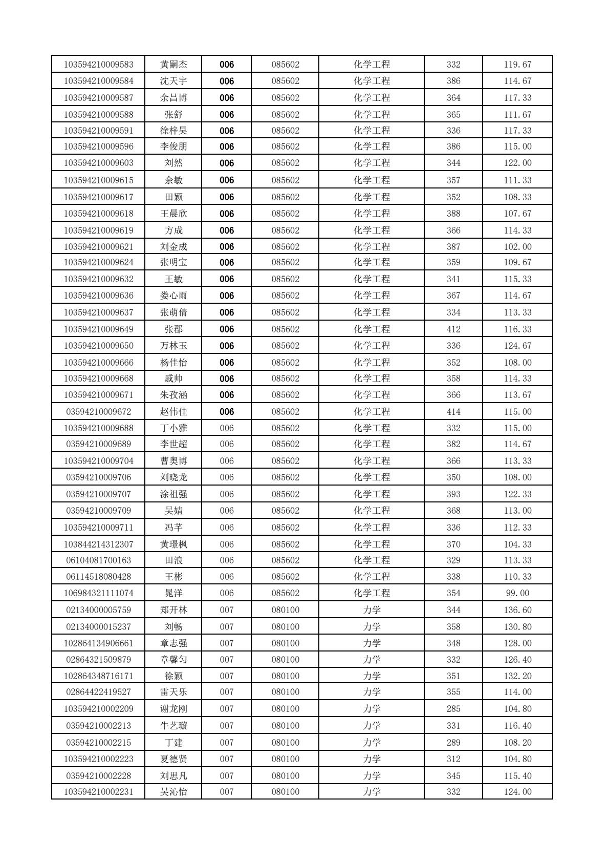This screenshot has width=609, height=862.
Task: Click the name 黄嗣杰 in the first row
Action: (x=173, y=65)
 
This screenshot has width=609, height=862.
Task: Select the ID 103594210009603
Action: (x=98, y=163)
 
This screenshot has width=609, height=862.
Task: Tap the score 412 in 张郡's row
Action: (x=453, y=329)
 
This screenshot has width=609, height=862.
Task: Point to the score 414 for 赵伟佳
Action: (x=453, y=412)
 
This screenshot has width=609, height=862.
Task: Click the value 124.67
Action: (x=517, y=346)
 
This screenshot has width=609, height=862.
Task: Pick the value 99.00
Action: (x=517, y=593)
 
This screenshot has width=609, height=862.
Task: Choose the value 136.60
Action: (x=517, y=610)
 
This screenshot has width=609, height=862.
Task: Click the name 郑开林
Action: (x=173, y=610)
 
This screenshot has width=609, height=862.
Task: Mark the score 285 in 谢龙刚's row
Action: (x=453, y=709)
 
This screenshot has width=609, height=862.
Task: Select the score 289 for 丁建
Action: (x=453, y=742)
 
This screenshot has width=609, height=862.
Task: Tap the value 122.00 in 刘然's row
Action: (x=517, y=163)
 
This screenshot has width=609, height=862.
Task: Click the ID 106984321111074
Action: (x=98, y=593)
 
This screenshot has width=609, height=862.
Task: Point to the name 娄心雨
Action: (x=173, y=296)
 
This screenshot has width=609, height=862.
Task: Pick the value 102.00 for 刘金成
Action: (x=517, y=247)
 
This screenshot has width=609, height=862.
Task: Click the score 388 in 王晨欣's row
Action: (x=453, y=214)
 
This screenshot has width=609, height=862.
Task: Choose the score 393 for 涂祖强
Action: (x=453, y=494)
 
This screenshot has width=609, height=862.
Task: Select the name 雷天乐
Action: (x=173, y=692)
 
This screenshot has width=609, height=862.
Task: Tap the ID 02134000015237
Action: (x=98, y=627)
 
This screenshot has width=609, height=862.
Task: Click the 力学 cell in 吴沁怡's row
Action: (x=372, y=792)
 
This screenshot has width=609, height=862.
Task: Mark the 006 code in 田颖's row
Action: (x=226, y=197)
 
